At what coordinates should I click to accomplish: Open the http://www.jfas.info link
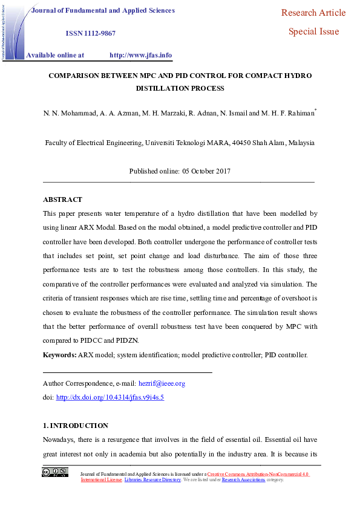tap(140, 55)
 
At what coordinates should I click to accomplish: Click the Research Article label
tap(313, 13)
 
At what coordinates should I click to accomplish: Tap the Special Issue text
tap(313, 31)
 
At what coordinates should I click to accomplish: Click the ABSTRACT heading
tap(62, 199)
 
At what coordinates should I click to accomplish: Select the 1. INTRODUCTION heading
tap(76, 426)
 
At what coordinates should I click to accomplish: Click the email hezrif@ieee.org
tap(162, 383)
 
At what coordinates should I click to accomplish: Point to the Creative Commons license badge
tap(54, 472)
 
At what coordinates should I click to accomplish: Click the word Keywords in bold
tap(59, 355)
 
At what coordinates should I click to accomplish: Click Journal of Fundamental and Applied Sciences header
tap(103, 10)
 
